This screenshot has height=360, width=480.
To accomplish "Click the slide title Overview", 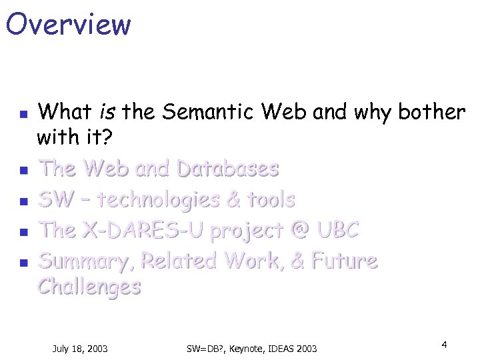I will pos(68,24).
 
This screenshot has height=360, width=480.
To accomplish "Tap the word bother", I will pos(431,112).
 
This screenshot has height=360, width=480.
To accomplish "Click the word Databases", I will pos(227,169).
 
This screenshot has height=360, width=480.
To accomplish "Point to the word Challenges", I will pos(89,287).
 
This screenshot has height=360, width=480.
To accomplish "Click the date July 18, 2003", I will pos(80,348).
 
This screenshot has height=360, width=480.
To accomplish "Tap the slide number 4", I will pos(443,344).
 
